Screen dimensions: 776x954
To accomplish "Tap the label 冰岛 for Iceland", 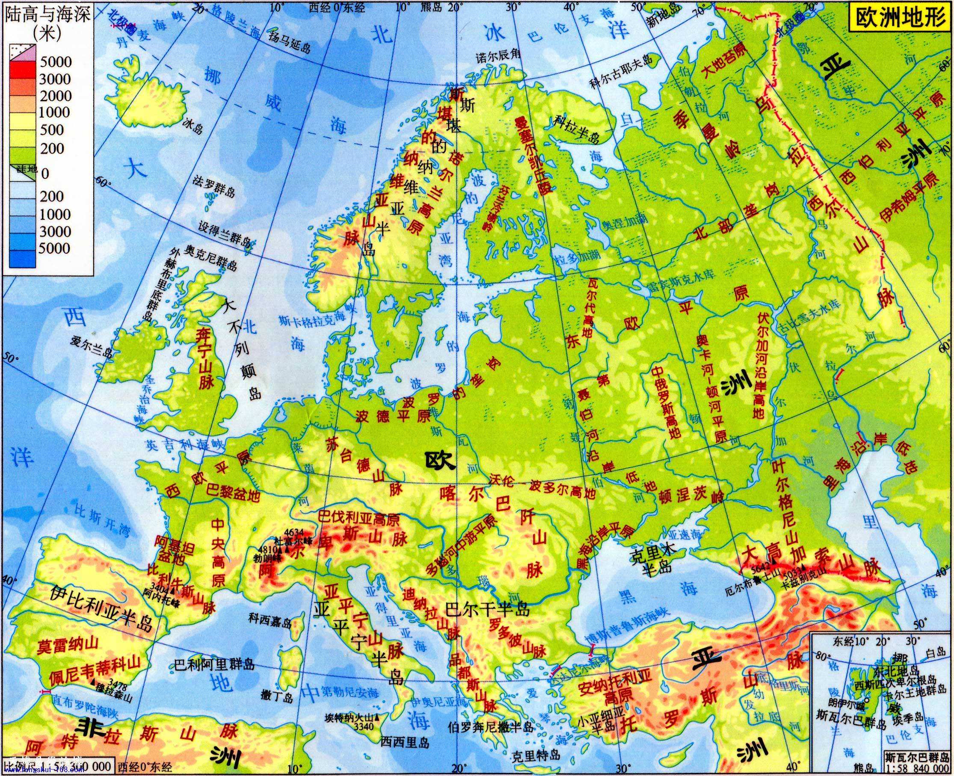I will coord(193,128).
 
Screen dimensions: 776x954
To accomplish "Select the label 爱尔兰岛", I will coord(91,351).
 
